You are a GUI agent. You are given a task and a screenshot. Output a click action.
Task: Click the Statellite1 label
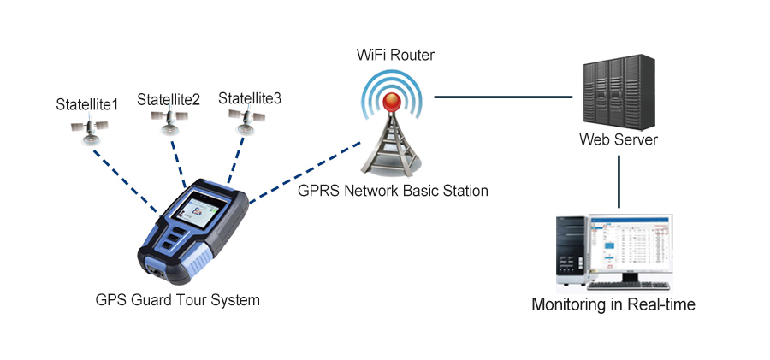[x=86, y=104]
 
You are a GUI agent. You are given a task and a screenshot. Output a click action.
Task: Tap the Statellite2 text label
[x=169, y=99]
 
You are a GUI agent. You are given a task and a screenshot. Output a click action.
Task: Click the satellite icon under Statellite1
[x=89, y=128]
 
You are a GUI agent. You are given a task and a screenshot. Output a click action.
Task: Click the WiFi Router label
[x=396, y=56]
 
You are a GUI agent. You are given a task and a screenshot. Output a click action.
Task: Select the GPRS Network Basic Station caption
[x=394, y=191]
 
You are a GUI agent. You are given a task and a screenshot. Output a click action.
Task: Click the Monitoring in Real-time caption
[x=613, y=304]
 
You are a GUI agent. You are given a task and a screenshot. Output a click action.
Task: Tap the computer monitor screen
[x=629, y=249]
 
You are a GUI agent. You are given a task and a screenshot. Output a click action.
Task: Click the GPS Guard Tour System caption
[x=178, y=300]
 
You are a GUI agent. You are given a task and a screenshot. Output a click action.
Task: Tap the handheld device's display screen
[x=203, y=210]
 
